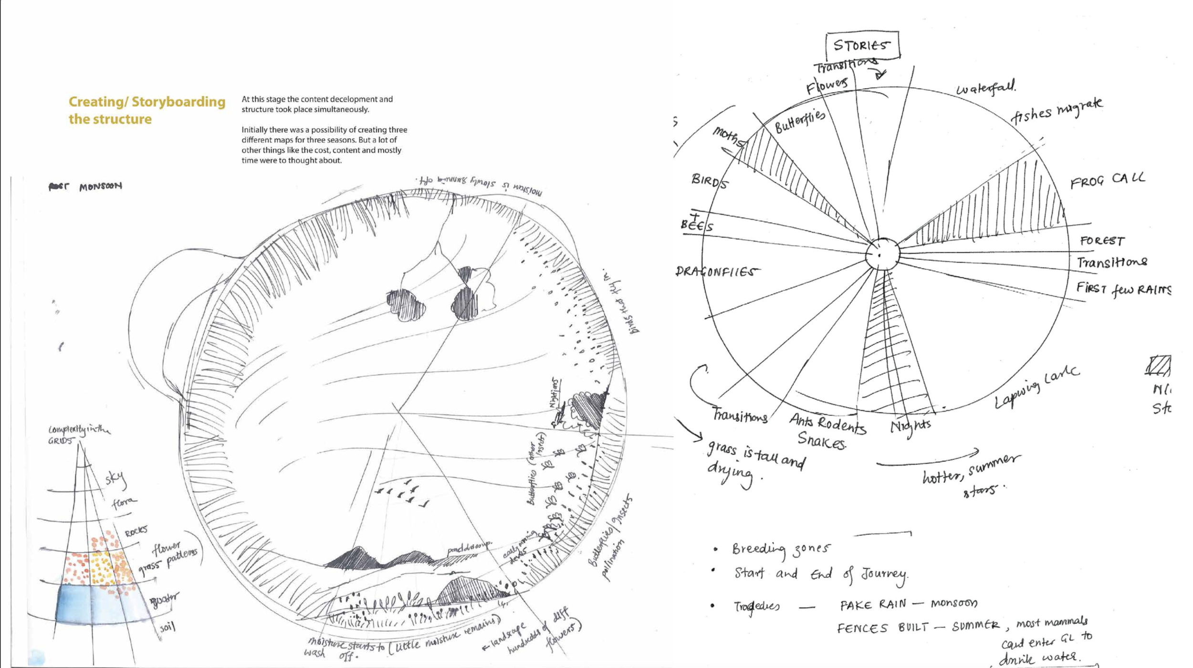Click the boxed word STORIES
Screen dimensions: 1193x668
(862, 45)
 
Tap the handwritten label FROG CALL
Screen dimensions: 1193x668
(1107, 180)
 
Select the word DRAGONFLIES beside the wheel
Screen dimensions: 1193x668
(716, 272)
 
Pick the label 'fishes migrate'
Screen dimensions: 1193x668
(1056, 112)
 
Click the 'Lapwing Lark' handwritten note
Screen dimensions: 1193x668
(1036, 387)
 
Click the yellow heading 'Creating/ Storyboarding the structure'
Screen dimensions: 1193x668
(147, 110)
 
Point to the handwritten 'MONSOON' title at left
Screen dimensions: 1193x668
(100, 186)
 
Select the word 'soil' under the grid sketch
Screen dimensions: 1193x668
(167, 627)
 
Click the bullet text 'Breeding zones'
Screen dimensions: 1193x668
(781, 549)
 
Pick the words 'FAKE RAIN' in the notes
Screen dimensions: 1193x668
(872, 604)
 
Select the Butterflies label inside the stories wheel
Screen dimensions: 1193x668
(799, 121)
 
